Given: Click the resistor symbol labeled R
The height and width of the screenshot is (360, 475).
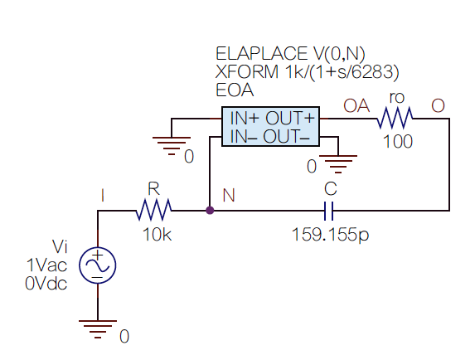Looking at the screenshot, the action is point(153,210).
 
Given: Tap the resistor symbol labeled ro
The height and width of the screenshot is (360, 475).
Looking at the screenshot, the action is point(395,118).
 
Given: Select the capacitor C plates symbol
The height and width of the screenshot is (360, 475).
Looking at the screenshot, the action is point(328,211).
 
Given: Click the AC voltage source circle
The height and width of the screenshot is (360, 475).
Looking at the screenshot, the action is point(98,265).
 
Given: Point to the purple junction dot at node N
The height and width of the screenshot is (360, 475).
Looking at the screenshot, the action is point(210,211).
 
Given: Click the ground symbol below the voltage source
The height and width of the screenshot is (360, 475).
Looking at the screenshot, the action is point(98,328).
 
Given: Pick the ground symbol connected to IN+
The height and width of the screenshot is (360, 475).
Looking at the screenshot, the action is point(172,146).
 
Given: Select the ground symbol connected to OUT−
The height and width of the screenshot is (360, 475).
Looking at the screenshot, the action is point(338,164).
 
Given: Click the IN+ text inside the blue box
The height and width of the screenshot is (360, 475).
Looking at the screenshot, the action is point(245,118).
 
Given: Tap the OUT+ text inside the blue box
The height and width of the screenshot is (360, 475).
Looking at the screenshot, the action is point(290,118).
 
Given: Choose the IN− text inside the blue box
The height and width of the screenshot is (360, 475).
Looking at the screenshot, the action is point(243,136).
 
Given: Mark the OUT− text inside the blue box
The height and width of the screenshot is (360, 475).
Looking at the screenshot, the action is point(287,136).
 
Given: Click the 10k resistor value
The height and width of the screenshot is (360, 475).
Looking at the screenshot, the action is point(157,235).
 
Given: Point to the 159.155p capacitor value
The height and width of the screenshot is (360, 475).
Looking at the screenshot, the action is point(330,235).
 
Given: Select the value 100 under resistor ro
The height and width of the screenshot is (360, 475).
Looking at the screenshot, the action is point(398,142).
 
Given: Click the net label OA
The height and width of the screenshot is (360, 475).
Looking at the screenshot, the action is point(356,105).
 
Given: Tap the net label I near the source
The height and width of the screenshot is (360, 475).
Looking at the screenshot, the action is point(103,195).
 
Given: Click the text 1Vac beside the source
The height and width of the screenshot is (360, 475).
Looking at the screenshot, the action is point(46,265).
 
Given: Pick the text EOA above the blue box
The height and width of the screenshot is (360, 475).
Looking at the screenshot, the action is point(235,90).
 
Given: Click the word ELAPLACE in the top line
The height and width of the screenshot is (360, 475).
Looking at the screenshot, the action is point(261,54).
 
